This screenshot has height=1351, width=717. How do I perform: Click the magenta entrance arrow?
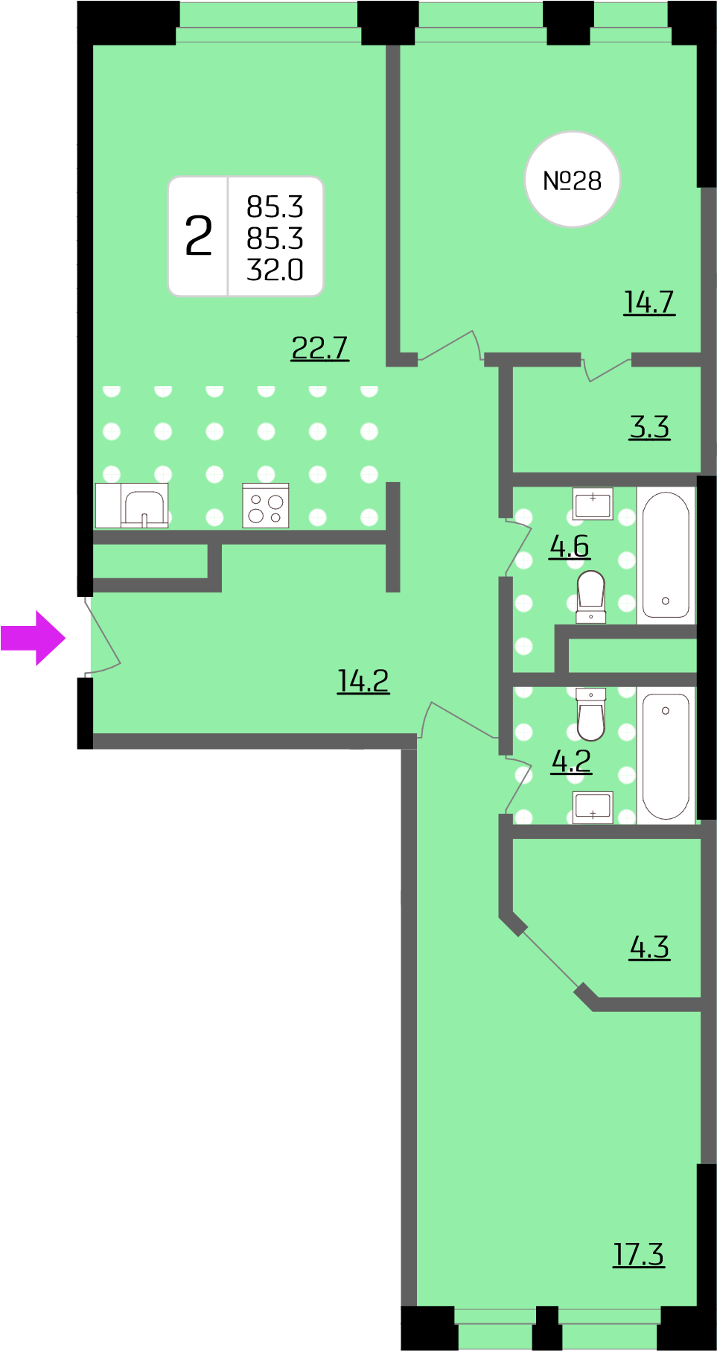pyautogui.click(x=34, y=638)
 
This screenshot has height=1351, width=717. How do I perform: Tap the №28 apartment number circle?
pyautogui.click(x=573, y=180)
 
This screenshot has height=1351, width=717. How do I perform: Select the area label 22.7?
pyautogui.click(x=319, y=348)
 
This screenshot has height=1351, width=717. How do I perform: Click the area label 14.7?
pyautogui.click(x=649, y=303)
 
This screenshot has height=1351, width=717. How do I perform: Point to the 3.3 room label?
pyautogui.click(x=649, y=427)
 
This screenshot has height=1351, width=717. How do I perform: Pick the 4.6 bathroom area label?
pyautogui.click(x=570, y=546)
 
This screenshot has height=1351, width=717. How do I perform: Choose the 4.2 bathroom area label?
pyautogui.click(x=571, y=761)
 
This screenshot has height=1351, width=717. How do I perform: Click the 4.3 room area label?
pyautogui.click(x=649, y=947)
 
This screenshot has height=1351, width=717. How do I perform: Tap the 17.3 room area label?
pyautogui.click(x=639, y=1254)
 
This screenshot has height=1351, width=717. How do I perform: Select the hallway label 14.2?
pyautogui.click(x=363, y=681)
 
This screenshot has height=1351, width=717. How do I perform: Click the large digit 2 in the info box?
pyautogui.click(x=199, y=236)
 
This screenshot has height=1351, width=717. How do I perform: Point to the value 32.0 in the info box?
pyautogui.click(x=275, y=270)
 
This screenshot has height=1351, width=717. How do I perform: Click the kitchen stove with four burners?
pyautogui.click(x=266, y=506)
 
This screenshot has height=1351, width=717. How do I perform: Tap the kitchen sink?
pyautogui.click(x=144, y=506)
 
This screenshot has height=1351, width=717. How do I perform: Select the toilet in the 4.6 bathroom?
pyautogui.click(x=591, y=596)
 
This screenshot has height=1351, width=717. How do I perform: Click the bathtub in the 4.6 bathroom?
pyautogui.click(x=666, y=555)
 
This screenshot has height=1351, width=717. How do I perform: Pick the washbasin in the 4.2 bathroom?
pyautogui.click(x=593, y=807)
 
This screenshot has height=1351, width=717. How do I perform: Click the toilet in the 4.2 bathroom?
pyautogui.click(x=591, y=715)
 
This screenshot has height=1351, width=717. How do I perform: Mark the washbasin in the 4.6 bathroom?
pyautogui.click(x=593, y=504)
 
